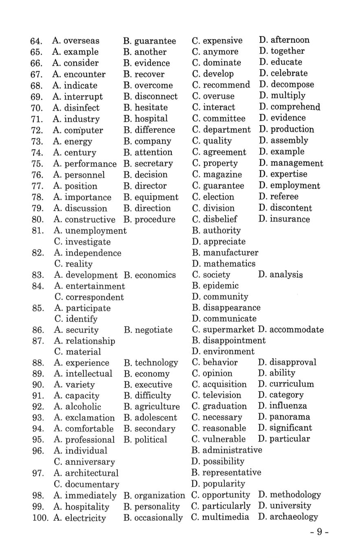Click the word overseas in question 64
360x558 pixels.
tap(81, 41)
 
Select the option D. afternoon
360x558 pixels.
tap(284, 40)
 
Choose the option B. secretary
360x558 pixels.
tap(148, 164)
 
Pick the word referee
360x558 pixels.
tap(284, 197)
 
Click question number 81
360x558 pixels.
tap(37, 231)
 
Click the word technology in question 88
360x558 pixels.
tap(156, 363)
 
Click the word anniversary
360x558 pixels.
tap(90, 462)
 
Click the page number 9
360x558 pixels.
tap(319, 532)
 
